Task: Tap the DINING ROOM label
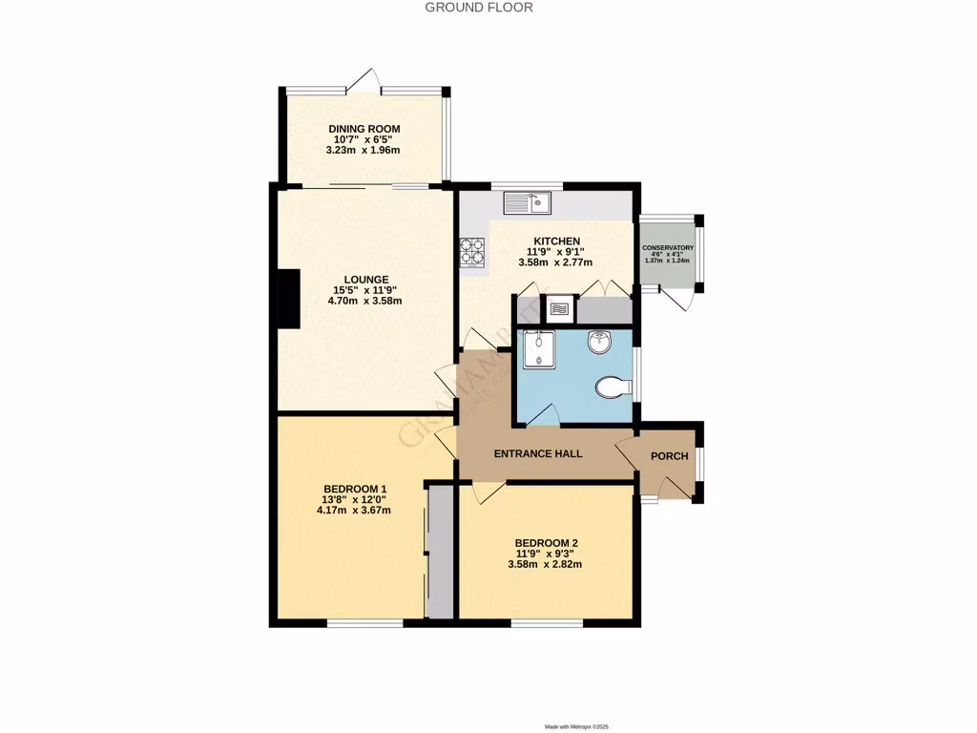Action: point(364,129)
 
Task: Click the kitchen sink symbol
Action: point(528,202)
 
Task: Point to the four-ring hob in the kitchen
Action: point(473,252)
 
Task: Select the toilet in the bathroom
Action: point(612,387)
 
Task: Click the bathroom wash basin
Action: point(600,342)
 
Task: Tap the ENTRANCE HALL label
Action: point(538,453)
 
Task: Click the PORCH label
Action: point(669,455)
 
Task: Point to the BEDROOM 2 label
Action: point(545,543)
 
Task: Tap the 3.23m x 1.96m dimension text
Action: point(364,150)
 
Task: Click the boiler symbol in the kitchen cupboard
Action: point(559,308)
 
